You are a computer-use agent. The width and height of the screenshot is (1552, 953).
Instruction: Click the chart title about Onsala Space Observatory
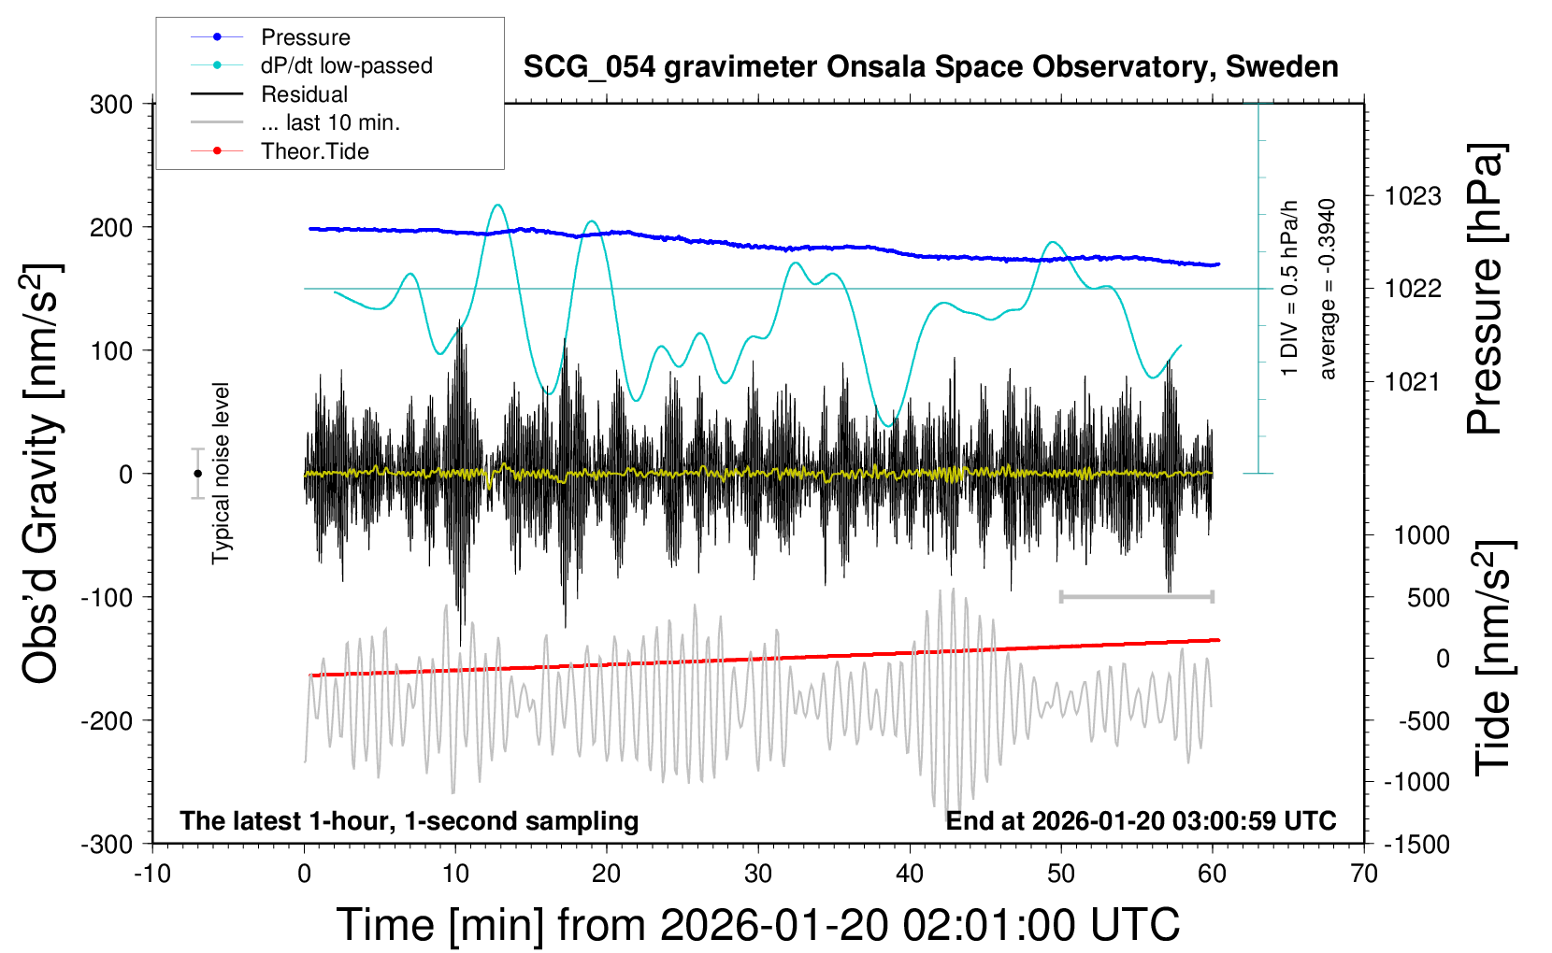(930, 67)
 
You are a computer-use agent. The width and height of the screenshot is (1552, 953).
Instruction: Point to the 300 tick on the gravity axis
(111, 105)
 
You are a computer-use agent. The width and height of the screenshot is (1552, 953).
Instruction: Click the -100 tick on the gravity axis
(107, 597)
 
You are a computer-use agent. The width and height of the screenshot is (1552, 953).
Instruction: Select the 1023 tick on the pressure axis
(1413, 196)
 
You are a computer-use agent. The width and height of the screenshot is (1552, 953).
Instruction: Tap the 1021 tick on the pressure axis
(1413, 381)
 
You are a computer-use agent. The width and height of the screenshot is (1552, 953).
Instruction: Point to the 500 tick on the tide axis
(1428, 598)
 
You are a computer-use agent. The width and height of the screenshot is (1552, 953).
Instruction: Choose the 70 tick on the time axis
(1364, 875)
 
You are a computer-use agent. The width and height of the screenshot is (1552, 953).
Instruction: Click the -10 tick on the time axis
(152, 875)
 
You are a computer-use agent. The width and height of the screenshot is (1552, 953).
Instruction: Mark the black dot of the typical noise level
(197, 474)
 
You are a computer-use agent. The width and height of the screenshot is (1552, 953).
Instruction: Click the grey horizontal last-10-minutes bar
(1136, 596)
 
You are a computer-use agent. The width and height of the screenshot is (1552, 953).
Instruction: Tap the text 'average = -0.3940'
(1328, 290)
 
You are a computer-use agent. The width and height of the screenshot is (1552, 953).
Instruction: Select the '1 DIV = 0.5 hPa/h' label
(1290, 288)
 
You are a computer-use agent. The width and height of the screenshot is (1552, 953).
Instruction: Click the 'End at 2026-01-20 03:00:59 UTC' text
(1141, 821)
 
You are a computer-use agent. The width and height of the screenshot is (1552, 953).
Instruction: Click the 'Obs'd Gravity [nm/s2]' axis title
(42, 474)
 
